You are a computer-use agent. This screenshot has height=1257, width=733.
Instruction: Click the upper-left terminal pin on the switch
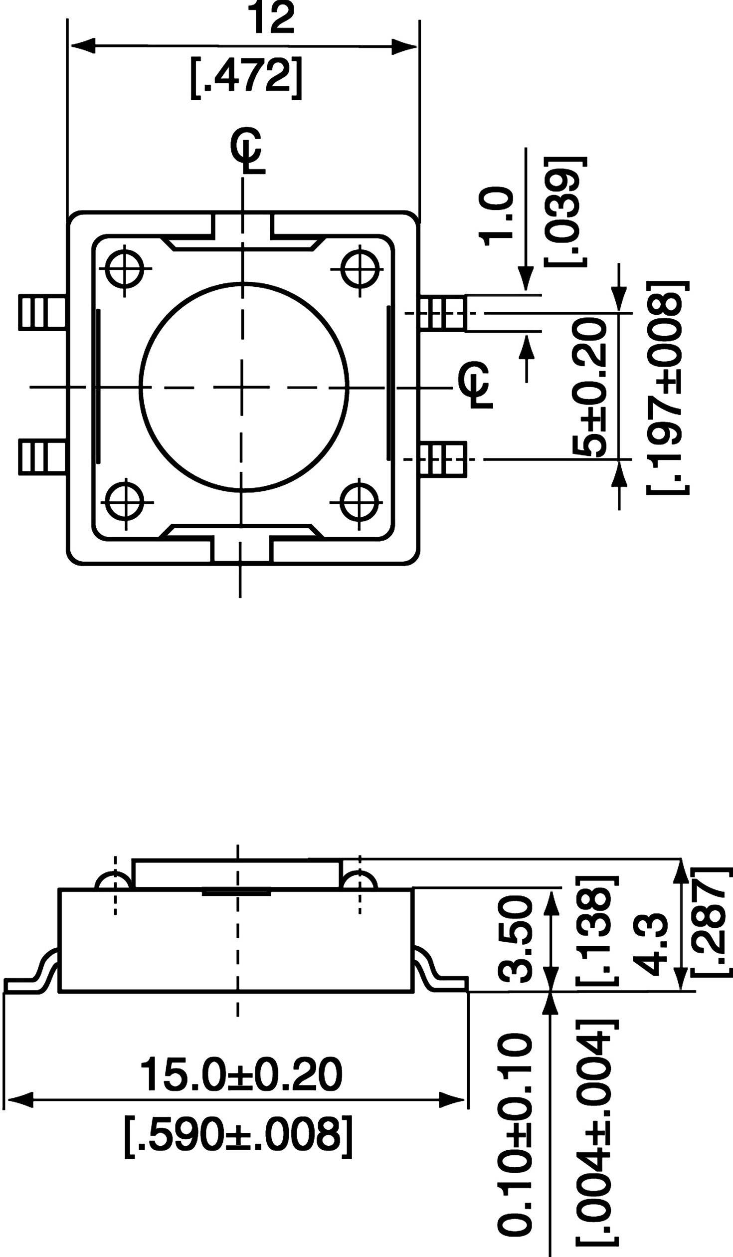[x=42, y=313]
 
